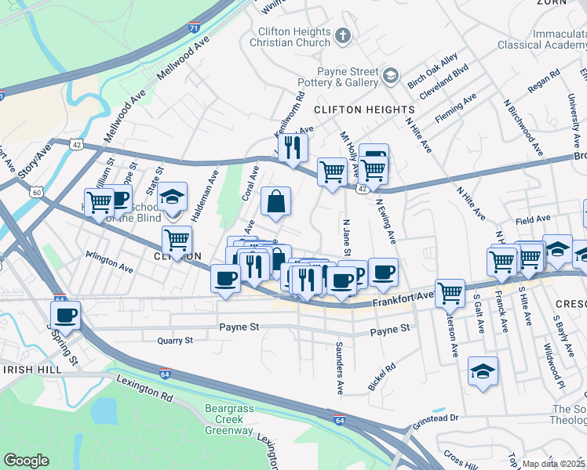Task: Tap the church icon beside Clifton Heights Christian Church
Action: (x=342, y=35)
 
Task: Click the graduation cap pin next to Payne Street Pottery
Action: (x=390, y=78)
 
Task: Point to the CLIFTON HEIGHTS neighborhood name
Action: (x=365, y=109)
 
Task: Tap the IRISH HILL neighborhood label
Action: (x=33, y=369)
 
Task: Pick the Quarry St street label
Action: (x=174, y=341)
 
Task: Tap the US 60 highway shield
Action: (x=36, y=191)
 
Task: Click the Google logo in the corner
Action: (x=27, y=461)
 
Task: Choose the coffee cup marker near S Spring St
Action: (x=66, y=315)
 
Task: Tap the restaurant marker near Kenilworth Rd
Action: (x=293, y=146)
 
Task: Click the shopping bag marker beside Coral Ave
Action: (x=275, y=201)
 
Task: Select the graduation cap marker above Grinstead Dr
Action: (x=483, y=371)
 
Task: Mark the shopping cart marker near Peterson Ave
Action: (x=450, y=293)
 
